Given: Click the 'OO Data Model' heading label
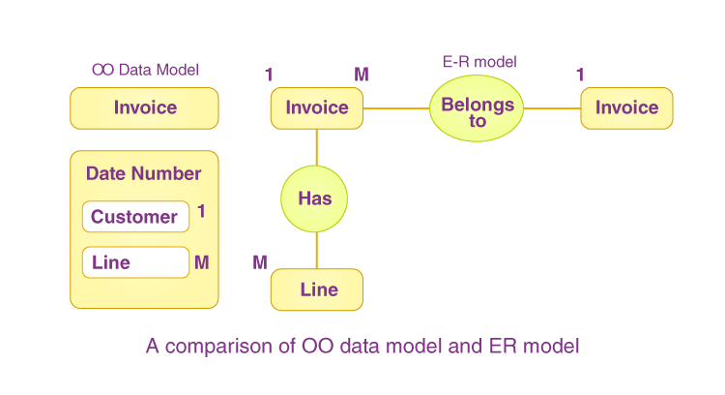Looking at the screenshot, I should tap(145, 70).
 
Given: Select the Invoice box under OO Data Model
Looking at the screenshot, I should tap(144, 107).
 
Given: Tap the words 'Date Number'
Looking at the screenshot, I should tap(143, 174).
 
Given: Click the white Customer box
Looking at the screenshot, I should tap(134, 217).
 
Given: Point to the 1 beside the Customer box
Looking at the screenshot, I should tap(201, 211).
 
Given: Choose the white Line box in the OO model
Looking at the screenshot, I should tap(134, 262).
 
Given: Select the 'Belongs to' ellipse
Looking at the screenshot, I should tap(477, 107).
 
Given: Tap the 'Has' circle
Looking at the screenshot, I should tap(314, 199).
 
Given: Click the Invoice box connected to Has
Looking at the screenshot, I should tap(317, 107).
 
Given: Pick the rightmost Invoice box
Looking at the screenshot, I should tap(626, 107).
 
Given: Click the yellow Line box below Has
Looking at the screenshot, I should tap(317, 289).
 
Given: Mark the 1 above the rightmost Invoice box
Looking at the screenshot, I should tap(580, 75).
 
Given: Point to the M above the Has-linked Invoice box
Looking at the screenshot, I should tap(361, 75).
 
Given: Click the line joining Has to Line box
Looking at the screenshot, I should tap(317, 250).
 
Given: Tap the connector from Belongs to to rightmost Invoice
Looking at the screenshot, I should tap(552, 107).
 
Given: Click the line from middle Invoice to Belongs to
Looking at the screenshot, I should tap(396, 107).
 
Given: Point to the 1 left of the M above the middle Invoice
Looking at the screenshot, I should tap(269, 75).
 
